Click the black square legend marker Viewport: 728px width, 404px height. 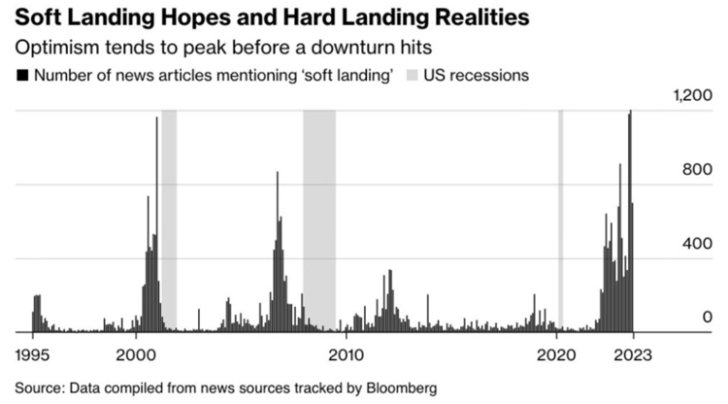pyautogui.click(x=21, y=76)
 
